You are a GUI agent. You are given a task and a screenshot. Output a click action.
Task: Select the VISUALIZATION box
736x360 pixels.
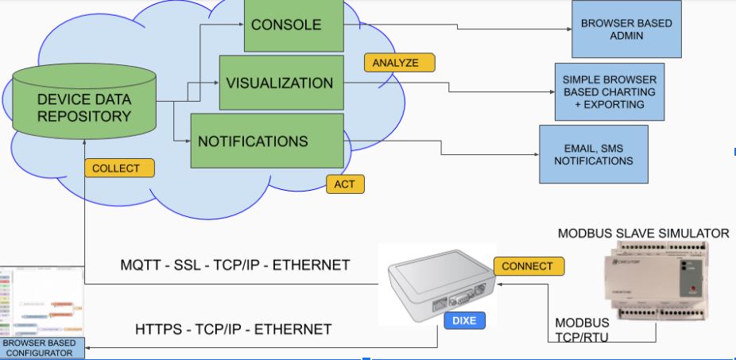[281, 83]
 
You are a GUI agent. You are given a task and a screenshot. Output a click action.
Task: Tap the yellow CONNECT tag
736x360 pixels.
[529, 266]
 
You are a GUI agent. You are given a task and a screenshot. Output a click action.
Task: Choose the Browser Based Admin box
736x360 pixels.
[626, 29]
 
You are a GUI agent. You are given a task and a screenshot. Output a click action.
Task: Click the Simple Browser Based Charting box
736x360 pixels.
[609, 91]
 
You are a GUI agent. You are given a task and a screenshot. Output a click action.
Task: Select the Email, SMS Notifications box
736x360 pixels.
[593, 154]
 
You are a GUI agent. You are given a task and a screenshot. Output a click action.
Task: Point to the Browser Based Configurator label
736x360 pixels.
[41, 348]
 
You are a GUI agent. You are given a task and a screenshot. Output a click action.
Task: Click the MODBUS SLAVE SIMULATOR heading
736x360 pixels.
[643, 233]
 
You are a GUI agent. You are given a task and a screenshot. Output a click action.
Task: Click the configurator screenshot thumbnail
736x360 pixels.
[41, 302]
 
